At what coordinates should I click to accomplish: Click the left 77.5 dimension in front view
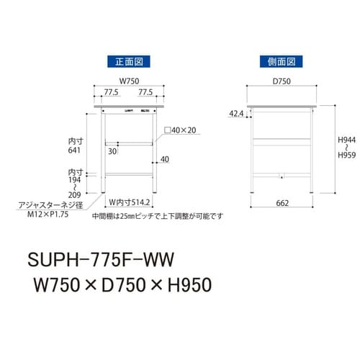(x=110, y=93)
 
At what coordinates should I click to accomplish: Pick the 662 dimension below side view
(x=282, y=203)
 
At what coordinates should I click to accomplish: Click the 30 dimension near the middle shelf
(x=112, y=152)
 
